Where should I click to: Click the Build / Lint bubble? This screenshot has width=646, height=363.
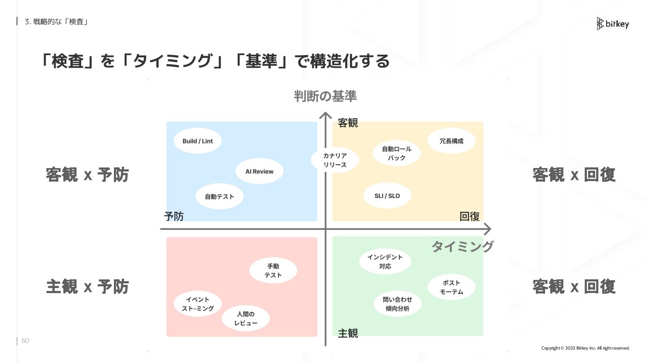pyautogui.click(x=197, y=141)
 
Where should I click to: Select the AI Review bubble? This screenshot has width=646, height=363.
pyautogui.click(x=259, y=171)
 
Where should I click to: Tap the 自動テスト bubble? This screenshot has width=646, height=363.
pyautogui.click(x=219, y=196)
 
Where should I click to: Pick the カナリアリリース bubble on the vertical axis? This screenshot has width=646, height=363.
pyautogui.click(x=335, y=160)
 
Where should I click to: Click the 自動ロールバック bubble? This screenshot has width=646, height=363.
pyautogui.click(x=397, y=153)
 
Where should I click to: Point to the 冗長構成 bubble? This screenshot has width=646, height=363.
pyautogui.click(x=451, y=141)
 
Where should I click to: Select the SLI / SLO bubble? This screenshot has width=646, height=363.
pyautogui.click(x=387, y=196)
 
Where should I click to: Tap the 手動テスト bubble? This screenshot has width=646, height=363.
pyautogui.click(x=273, y=271)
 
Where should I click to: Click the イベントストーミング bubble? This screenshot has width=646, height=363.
pyautogui.click(x=198, y=304)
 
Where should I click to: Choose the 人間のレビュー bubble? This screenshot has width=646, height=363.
pyautogui.click(x=246, y=319)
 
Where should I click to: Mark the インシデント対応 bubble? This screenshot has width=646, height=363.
pyautogui.click(x=385, y=262)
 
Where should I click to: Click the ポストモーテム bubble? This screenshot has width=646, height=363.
pyautogui.click(x=451, y=287)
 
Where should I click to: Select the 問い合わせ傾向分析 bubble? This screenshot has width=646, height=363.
pyautogui.click(x=397, y=304)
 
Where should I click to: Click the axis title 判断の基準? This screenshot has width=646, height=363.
pyautogui.click(x=325, y=96)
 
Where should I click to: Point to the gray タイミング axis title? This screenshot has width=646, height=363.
pyautogui.click(x=462, y=246)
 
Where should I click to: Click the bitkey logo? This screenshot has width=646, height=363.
pyautogui.click(x=613, y=24)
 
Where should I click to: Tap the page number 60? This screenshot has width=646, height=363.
pyautogui.click(x=25, y=341)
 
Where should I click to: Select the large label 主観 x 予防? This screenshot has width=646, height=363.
pyautogui.click(x=87, y=286)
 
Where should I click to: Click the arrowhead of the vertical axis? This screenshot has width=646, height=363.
pyautogui.click(x=325, y=116)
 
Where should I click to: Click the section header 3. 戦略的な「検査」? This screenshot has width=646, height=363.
pyautogui.click(x=56, y=22)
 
